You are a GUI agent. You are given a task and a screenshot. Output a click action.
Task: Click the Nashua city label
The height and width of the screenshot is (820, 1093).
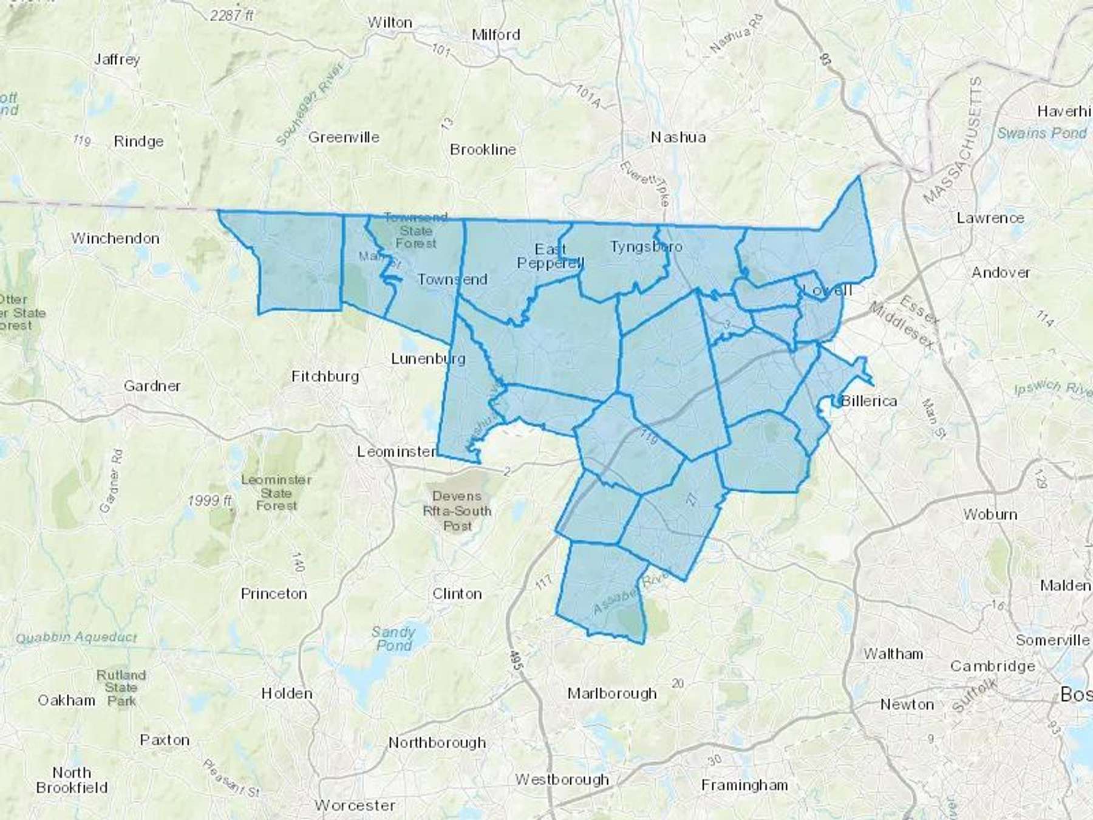678,137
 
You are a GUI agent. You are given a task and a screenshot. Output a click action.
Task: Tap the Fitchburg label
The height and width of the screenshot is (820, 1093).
325,377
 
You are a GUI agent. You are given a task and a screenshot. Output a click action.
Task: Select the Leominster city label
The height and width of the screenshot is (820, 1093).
397,451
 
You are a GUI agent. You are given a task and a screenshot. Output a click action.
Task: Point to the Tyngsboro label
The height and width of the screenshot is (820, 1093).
646,247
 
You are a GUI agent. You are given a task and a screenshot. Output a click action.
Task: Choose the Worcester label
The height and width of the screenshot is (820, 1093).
355,805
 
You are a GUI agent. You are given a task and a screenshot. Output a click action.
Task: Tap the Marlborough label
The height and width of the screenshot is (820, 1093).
612,693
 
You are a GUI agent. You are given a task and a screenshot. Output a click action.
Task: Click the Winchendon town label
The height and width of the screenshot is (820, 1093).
115,238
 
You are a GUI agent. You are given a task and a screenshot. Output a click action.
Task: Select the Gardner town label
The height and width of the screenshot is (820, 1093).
152,386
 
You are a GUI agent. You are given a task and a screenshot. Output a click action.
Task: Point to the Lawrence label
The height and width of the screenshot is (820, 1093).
990,217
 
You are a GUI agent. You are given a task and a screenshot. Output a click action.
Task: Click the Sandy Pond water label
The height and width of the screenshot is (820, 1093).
393,638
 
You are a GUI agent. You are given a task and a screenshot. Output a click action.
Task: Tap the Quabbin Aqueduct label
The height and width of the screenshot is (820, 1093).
77,637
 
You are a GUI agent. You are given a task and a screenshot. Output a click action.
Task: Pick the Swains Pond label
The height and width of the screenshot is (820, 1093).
1042,133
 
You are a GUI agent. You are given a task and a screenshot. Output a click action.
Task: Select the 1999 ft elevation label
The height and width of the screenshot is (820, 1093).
210,501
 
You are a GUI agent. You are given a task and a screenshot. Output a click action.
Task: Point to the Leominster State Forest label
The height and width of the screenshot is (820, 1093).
276,492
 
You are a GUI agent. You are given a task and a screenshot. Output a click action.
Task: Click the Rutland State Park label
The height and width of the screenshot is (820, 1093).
121,688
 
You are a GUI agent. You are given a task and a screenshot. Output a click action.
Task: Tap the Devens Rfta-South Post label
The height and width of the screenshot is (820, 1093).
457,511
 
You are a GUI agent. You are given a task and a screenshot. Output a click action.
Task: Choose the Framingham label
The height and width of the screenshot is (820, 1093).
744,785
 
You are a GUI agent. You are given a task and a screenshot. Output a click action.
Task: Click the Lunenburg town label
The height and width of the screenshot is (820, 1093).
428,358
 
